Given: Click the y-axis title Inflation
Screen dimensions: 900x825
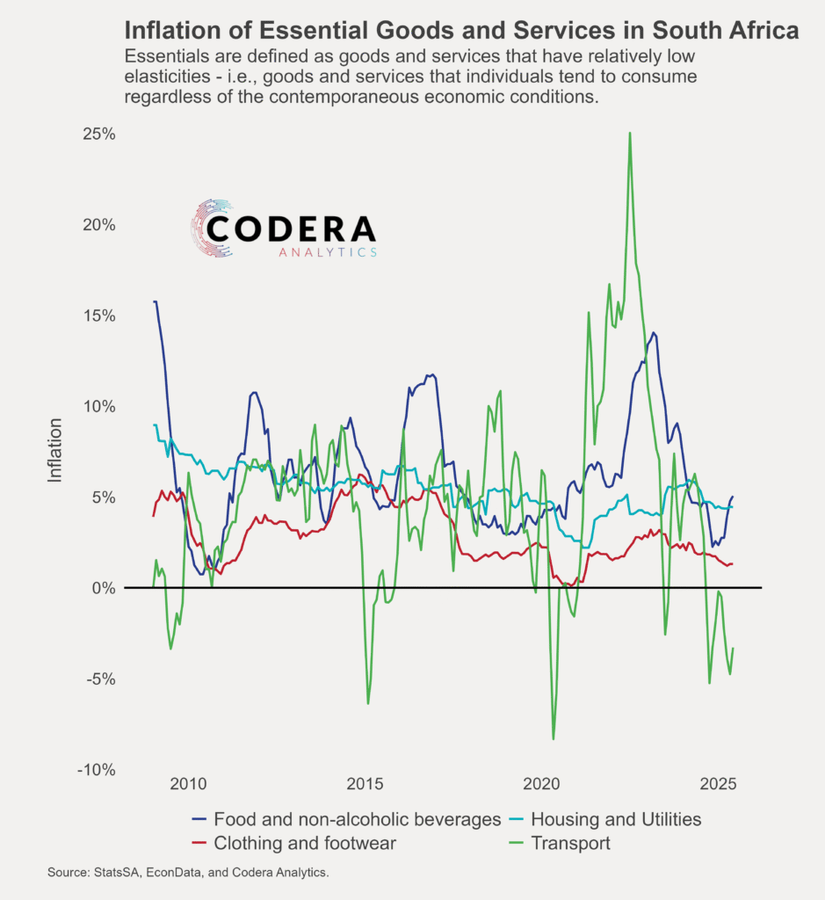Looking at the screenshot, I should (55, 450).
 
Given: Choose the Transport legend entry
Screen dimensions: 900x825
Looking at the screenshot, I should (570, 844).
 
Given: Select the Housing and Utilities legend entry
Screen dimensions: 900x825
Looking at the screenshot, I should (616, 819).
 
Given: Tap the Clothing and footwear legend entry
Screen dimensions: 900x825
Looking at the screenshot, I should (304, 844).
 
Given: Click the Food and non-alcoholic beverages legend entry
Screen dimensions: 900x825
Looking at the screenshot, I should (357, 819).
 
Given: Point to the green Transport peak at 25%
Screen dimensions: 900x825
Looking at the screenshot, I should (630, 134).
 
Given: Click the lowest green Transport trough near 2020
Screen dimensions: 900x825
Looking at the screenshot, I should (554, 738).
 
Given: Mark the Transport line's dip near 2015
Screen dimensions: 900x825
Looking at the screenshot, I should (368, 703).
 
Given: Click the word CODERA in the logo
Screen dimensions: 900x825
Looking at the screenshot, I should (293, 230).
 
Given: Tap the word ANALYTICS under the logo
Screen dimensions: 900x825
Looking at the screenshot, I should (328, 253).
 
